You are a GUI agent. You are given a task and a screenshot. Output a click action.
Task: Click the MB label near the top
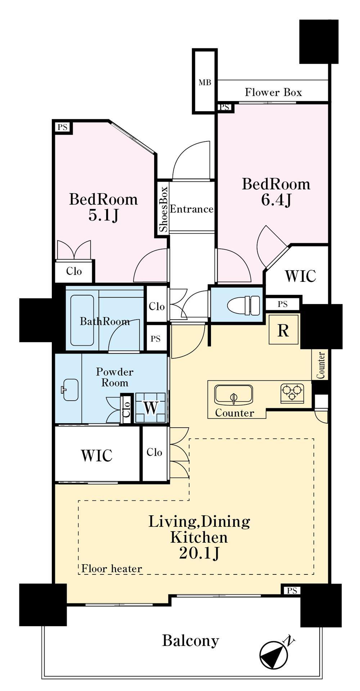(205, 82)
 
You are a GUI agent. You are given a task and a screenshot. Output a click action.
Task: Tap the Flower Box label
(273, 92)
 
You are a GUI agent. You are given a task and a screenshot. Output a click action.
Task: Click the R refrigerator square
(284, 329)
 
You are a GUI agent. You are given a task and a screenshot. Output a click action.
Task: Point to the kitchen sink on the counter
(234, 395)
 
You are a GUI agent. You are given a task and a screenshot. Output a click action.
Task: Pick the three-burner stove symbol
(292, 393)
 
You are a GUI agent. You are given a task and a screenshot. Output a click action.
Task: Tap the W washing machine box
(151, 408)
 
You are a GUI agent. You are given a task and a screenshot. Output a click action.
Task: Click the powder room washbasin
(70, 389)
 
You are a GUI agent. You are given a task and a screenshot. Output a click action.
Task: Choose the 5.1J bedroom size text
(103, 216)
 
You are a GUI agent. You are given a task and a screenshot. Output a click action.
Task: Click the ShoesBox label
(163, 209)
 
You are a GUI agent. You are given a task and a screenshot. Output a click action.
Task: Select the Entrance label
(192, 209)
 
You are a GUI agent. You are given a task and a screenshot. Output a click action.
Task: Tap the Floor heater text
(112, 569)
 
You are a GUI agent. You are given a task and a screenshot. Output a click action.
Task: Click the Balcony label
(190, 641)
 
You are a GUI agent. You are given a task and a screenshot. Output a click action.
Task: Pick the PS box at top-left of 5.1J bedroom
(63, 127)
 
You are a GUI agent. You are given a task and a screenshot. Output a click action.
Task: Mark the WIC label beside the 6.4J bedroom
(300, 276)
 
